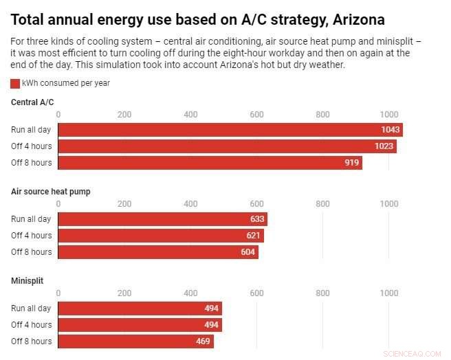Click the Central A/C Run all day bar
click(230, 130)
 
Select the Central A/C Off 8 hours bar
click(210, 163)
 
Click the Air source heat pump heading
click(50, 192)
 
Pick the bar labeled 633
click(162, 219)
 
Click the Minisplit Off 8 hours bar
click(135, 341)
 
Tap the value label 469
click(203, 341)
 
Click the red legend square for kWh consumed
click(15, 83)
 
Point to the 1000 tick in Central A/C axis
click(389, 115)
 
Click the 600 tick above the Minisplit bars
click(256, 293)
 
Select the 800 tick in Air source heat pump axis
click(322, 204)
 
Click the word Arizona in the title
click(358, 19)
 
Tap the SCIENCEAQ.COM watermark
click(413, 354)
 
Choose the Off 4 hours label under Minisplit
click(31, 325)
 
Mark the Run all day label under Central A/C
click(31, 130)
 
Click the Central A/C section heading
click(32, 102)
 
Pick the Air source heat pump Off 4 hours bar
click(161, 236)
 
